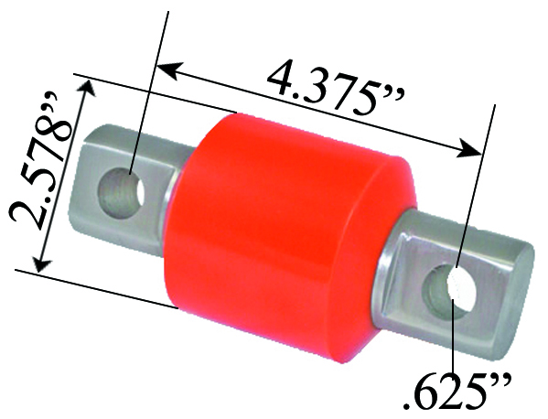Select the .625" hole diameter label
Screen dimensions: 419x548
click(452, 389)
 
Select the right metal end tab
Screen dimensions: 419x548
click(457, 284)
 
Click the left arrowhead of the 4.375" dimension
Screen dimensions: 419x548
click(165, 67)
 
